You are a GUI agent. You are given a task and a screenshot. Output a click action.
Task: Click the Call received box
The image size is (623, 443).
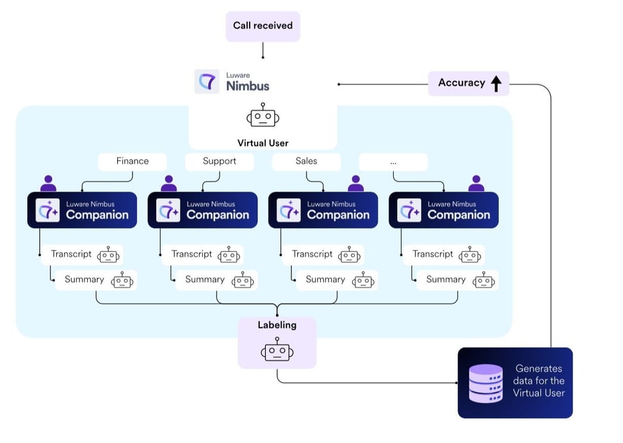coord(263,26)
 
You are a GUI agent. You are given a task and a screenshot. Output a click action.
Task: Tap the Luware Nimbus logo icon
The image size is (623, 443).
coord(207,82)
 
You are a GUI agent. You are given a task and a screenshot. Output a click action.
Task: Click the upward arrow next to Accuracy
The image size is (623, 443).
coord(496,83)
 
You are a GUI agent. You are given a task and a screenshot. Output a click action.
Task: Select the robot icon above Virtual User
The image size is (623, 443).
coord(263,117)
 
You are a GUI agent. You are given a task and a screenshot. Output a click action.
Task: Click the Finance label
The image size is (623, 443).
coord(132,161)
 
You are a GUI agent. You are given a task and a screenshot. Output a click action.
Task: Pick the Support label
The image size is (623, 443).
coord(219,161)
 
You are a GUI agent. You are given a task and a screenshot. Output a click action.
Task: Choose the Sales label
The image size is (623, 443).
coord(306,161)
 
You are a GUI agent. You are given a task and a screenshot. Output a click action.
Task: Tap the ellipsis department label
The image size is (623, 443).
coord(393,162)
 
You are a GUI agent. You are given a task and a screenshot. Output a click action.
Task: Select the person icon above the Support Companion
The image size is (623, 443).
coord(168,184)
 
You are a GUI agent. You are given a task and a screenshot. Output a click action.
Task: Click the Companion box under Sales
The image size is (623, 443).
coord(323,210)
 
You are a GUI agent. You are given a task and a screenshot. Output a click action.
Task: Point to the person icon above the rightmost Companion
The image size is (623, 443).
coord(476,184)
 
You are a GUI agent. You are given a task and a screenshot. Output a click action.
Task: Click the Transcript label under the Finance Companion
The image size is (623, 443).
coord(71,254)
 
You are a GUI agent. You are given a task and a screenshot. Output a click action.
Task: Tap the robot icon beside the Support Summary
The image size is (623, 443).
coord(243,280)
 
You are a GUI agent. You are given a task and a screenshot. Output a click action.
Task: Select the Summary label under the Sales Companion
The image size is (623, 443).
coord(325,280)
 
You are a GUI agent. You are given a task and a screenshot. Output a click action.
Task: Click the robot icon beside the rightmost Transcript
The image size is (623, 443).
coord(470,255)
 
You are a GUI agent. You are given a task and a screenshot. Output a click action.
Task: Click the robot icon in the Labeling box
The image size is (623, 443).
coord(277,351)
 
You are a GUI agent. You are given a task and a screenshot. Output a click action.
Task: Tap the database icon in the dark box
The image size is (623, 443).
coord(485,383)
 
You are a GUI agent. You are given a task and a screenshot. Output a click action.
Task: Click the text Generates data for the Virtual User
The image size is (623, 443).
coord(538,381)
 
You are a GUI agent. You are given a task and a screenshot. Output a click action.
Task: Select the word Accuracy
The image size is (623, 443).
coord(461,83)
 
